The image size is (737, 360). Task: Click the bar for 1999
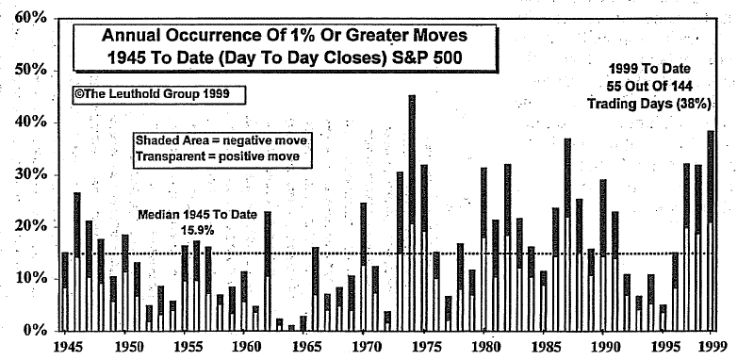[710, 231]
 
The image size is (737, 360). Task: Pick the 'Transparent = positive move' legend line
[219, 155]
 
